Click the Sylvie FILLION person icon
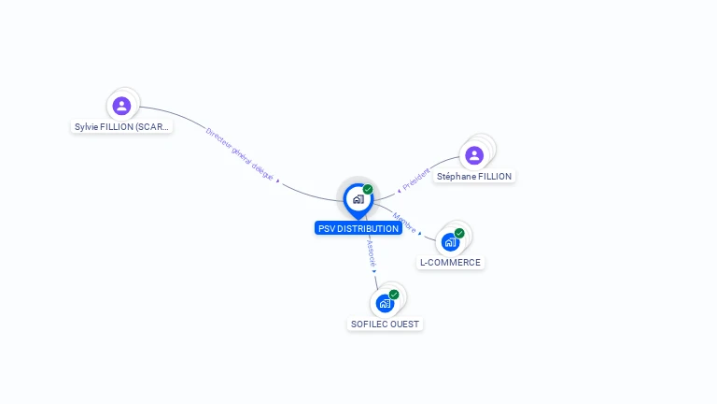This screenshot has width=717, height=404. (x=121, y=106)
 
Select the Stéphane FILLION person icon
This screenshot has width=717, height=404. (x=474, y=155)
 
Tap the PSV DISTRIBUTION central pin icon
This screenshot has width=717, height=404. (x=358, y=199)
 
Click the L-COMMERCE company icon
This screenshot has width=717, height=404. (x=450, y=242)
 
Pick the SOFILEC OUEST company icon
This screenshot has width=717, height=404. (x=385, y=304)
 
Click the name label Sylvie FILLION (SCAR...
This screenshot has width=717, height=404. (x=123, y=127)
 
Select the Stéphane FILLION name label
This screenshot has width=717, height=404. (x=474, y=177)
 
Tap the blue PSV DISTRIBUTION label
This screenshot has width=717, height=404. (x=358, y=228)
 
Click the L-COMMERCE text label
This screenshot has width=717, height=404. (x=450, y=263)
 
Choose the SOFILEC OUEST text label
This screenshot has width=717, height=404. (x=386, y=325)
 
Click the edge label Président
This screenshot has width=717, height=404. (x=416, y=178)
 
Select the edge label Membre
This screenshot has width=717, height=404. (x=404, y=223)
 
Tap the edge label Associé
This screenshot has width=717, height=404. (x=371, y=252)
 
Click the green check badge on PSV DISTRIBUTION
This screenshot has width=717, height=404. (x=368, y=189)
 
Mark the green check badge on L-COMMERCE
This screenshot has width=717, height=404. (x=459, y=233)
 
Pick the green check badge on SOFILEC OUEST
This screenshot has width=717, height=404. (x=394, y=295)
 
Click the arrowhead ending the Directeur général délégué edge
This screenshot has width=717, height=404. (x=278, y=180)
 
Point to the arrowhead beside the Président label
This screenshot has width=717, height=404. (x=399, y=190)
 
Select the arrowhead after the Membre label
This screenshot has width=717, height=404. (x=420, y=233)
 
